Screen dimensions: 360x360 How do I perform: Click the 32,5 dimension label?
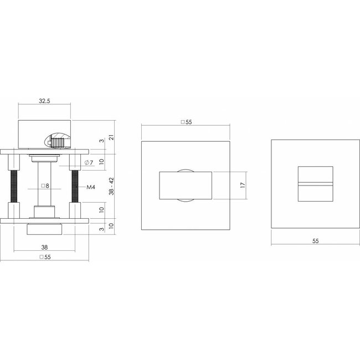click(x=44, y=101)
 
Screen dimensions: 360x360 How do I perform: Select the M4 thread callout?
click(x=91, y=187)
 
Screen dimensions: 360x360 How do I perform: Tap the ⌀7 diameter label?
click(x=89, y=162)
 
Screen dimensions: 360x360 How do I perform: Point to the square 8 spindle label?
click(x=45, y=186)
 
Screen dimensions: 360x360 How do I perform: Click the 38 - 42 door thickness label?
click(x=111, y=186)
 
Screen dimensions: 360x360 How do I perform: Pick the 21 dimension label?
click(x=111, y=137)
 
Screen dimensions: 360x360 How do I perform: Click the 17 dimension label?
click(x=243, y=186)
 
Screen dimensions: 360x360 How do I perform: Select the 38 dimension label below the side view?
click(x=44, y=247)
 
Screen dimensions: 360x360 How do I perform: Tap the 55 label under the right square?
click(x=316, y=241)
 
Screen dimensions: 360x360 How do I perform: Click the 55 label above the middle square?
click(x=186, y=122)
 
